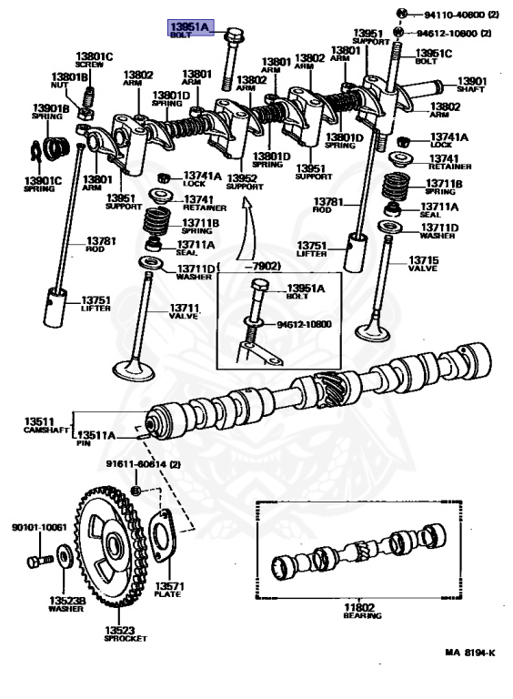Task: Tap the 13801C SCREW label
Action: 94,61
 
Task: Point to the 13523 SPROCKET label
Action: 125,634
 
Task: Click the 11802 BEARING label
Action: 358,611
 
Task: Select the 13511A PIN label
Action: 96,439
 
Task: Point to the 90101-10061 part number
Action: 39,527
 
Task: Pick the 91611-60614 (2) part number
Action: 144,465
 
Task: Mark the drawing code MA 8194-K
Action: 470,653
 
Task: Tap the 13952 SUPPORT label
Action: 243,181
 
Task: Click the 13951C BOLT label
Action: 434,56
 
